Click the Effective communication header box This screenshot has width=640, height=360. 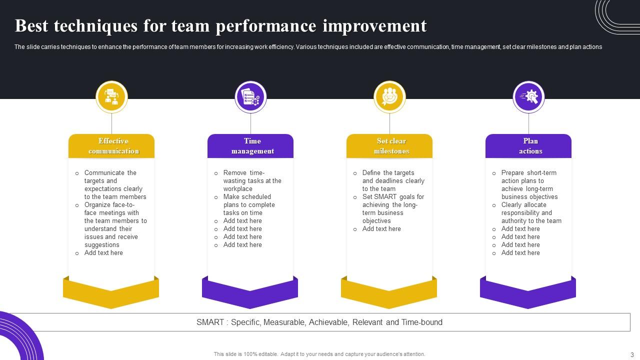tap(111, 146)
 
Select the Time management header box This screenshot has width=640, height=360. tap(250, 146)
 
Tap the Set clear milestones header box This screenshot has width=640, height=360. tap(389, 146)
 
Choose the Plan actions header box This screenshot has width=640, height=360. tap(528, 146)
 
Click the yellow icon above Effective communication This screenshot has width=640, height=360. tap(111, 96)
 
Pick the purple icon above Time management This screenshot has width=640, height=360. tap(250, 96)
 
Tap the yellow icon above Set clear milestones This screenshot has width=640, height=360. tap(389, 96)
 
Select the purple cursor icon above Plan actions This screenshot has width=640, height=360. tap(528, 96)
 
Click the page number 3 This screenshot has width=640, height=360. tap(632, 354)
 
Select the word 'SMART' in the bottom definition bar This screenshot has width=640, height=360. tap(210, 322)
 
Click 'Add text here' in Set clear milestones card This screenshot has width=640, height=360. tap(381, 229)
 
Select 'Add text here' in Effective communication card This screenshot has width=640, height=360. tap(103, 253)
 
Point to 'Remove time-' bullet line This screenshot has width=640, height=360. tap(243, 173)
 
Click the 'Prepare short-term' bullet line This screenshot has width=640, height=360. tap(528, 173)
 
